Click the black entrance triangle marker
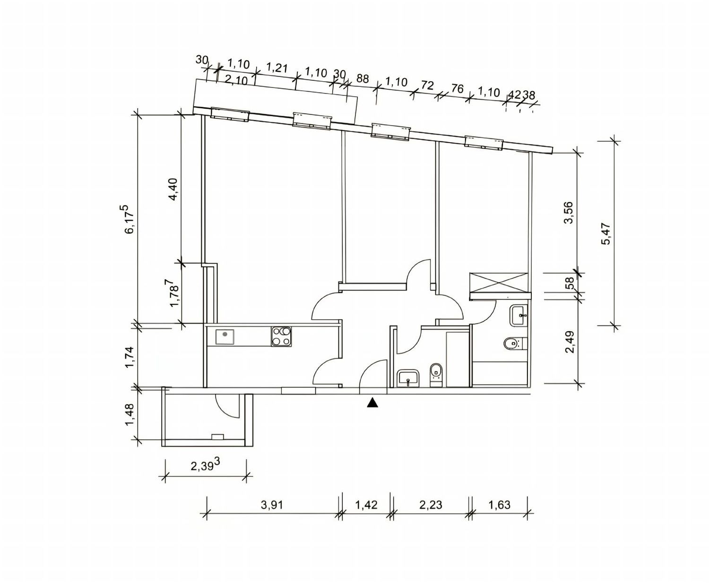click(x=372, y=403)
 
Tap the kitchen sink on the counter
click(x=225, y=337)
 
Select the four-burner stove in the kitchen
click(x=281, y=337)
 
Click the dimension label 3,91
click(x=272, y=505)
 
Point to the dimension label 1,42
click(x=366, y=505)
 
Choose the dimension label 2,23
click(x=431, y=505)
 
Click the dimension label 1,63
click(x=499, y=505)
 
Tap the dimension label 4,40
click(x=173, y=189)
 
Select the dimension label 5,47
click(x=607, y=234)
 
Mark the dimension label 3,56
click(x=569, y=213)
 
